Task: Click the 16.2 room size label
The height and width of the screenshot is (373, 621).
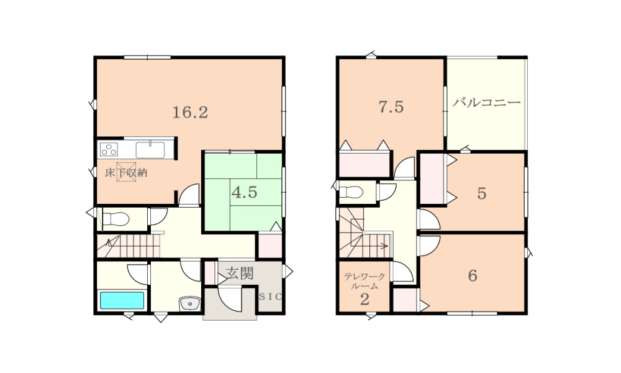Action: pyautogui.click(x=190, y=113)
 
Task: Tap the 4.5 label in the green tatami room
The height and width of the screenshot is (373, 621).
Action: pyautogui.click(x=244, y=193)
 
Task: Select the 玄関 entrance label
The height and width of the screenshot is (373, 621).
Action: pyautogui.click(x=240, y=273)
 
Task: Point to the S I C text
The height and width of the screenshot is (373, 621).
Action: pyautogui.click(x=271, y=296)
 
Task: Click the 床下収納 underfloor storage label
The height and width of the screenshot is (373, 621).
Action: pyautogui.click(x=126, y=173)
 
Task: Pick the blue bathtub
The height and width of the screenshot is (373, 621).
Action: pyautogui.click(x=122, y=300)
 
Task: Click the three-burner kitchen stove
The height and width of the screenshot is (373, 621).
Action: pyautogui.click(x=109, y=149)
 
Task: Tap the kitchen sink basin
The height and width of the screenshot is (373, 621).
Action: pyautogui.click(x=150, y=150)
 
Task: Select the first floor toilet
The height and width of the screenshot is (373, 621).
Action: pyautogui.click(x=116, y=219)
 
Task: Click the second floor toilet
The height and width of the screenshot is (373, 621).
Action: pyautogui.click(x=351, y=192)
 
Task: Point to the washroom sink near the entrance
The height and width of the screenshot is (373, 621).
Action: pyautogui.click(x=191, y=303)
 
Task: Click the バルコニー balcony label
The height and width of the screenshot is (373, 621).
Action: pyautogui.click(x=486, y=103)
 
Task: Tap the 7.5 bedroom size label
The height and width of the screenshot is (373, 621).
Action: pyautogui.click(x=391, y=107)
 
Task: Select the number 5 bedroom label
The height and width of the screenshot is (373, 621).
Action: pyautogui.click(x=482, y=194)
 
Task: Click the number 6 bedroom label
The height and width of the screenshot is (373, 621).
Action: pyautogui.click(x=473, y=275)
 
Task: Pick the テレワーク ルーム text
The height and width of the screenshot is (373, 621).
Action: pyautogui.click(x=365, y=280)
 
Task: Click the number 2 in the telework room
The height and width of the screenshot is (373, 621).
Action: pyautogui.click(x=365, y=300)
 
